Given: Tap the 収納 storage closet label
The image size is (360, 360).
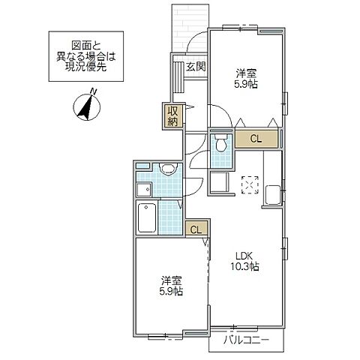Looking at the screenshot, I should point(172,116).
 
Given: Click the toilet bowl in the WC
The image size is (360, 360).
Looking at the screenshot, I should point(220,145).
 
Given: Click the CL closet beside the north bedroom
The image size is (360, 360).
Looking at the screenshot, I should point(256,138).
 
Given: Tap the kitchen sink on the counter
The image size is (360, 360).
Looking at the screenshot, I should point(272,193).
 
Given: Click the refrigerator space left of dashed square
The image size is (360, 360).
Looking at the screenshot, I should point(220,184).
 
